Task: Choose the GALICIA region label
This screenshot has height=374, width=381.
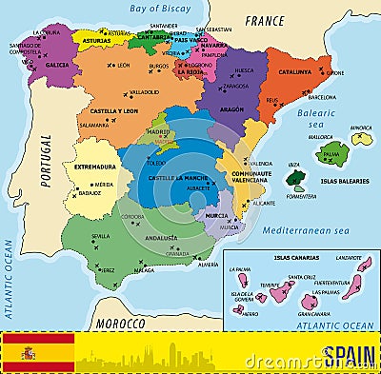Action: (57, 66)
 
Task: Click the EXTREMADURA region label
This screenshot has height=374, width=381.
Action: (95, 167)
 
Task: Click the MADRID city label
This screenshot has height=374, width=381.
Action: (157, 132)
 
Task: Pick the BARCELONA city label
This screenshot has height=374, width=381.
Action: (322, 97)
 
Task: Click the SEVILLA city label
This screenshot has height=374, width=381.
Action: (100, 236)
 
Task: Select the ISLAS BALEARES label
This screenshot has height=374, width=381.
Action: (345, 180)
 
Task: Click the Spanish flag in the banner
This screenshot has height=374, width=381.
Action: (39, 352)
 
